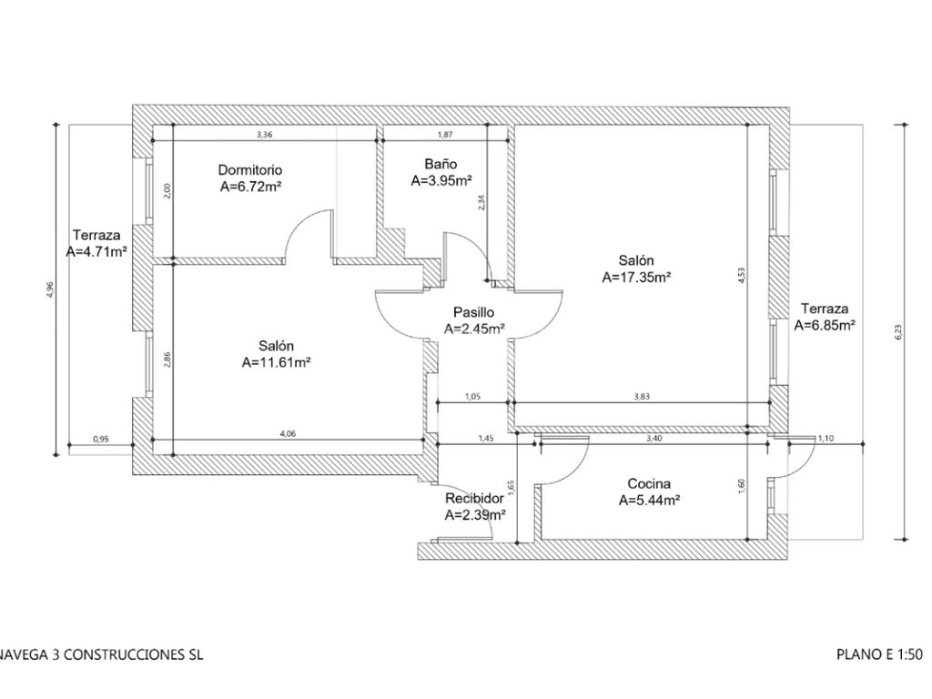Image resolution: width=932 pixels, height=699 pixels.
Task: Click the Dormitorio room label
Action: [250, 170]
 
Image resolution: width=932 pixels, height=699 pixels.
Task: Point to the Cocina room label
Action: [650, 483]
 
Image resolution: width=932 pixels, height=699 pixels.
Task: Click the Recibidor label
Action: [474, 499]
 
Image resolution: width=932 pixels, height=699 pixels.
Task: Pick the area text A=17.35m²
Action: [636, 278]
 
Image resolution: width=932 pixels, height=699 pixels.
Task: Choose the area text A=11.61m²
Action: [277, 362]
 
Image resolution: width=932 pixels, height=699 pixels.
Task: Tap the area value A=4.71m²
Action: [96, 252]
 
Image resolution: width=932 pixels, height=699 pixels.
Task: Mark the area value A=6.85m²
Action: [825, 325]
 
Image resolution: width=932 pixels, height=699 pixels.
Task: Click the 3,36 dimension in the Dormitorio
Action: [264, 135]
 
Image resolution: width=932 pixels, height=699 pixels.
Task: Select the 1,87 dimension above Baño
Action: [446, 135]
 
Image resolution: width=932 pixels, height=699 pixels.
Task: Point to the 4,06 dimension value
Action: [288, 434]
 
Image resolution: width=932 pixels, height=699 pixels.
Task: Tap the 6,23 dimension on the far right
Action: [898, 333]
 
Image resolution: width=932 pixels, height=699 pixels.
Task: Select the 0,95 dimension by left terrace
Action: [101, 440]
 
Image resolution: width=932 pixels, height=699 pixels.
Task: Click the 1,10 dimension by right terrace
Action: [826, 439]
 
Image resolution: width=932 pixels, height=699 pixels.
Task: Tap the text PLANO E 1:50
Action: [879, 654]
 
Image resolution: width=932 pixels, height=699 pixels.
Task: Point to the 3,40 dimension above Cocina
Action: [653, 439]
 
